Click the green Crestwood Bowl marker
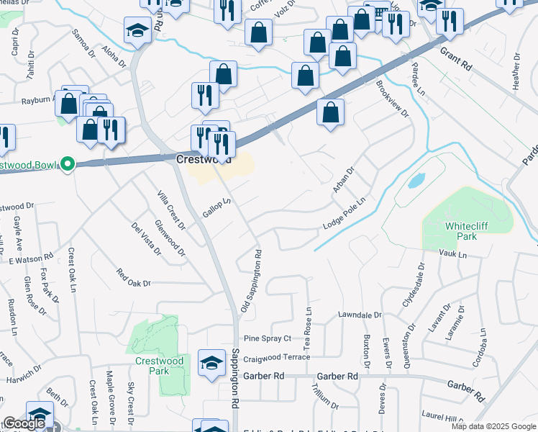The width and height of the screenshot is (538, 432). coord(68,165)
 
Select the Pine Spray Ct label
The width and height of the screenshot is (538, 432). coord(267,338)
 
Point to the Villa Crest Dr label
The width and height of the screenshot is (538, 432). coord(171,210)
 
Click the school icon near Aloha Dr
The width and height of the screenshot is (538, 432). coord(136,31)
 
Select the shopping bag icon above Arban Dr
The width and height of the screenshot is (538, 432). coord(330,112)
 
